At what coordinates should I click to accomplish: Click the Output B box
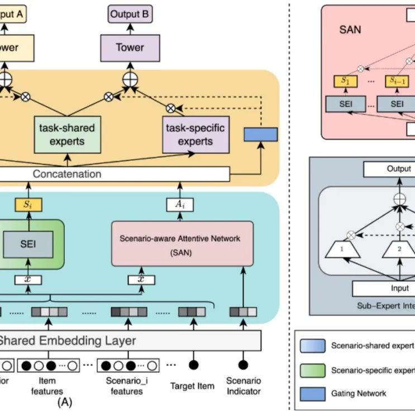coord(130,15)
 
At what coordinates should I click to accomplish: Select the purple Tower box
coord(130,47)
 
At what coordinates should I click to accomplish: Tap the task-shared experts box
coord(67,134)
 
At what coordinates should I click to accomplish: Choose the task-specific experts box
coord(195,134)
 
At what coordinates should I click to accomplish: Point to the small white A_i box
coord(180,205)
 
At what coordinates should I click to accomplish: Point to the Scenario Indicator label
coord(243,386)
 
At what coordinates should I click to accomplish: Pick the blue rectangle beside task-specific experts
coord(261,134)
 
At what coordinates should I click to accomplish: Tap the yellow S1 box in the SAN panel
coord(345,81)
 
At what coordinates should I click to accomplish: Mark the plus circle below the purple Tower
coord(130,79)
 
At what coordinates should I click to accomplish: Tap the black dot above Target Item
coord(193,365)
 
